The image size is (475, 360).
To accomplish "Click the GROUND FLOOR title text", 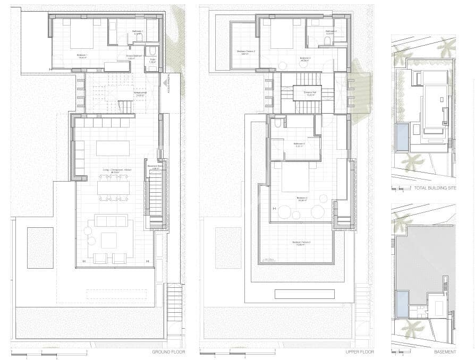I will click(168, 352).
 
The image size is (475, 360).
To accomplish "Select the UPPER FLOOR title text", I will click(360, 352).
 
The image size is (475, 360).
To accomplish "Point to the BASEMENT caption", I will click(445, 352).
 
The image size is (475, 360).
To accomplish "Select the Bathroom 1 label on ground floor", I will click(137, 31).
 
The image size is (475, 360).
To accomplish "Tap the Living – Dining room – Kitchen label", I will click(113, 170).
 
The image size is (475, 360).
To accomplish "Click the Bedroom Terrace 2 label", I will click(245, 52).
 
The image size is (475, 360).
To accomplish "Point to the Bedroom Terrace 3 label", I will click(301, 243).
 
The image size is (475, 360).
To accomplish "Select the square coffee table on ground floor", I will click(108, 240).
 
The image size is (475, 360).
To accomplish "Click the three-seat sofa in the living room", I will click(111, 220).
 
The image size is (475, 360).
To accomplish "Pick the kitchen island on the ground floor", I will click(113, 148).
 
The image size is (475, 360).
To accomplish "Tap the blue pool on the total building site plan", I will click(402, 136).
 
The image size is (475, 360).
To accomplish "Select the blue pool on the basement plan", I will click(402, 304).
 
